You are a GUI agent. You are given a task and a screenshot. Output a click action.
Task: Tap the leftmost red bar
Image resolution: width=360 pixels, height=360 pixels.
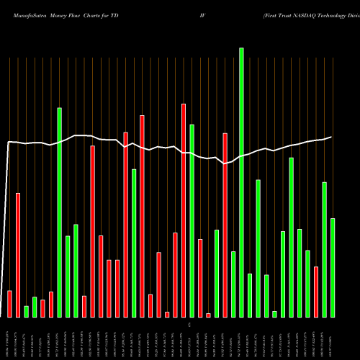tap(9, 303)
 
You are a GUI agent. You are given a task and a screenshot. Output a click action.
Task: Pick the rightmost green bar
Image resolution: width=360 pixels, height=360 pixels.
tap(333, 267)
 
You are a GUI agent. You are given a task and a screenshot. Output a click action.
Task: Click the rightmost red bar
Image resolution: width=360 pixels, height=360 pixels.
tap(316, 292)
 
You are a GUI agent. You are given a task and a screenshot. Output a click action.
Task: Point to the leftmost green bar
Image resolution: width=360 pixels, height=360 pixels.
tap(27, 311)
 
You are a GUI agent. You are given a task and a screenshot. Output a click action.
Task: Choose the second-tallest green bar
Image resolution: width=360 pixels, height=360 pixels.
tap(60, 212)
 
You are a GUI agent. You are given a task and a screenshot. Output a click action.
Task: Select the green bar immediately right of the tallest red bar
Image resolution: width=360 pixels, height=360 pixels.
tap(192, 220)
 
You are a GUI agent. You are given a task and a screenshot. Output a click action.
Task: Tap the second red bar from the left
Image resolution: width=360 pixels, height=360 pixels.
tap(18, 255)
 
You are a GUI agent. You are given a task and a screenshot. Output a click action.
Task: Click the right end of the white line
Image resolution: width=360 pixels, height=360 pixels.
tap(332, 137)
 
